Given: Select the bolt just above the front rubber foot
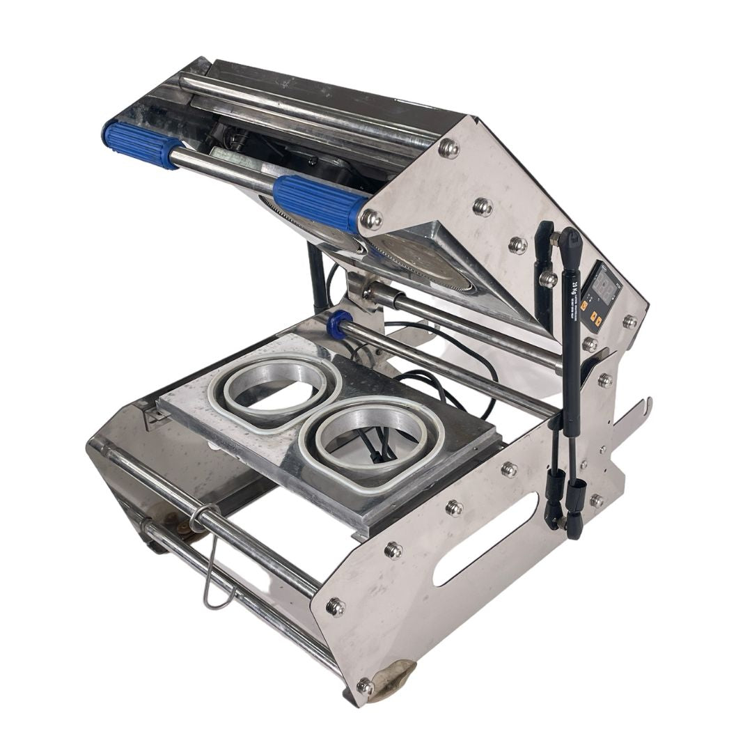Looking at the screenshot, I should (x=364, y=686).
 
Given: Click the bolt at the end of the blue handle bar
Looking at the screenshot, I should (x=371, y=219).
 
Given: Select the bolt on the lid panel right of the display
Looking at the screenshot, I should (x=629, y=321).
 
